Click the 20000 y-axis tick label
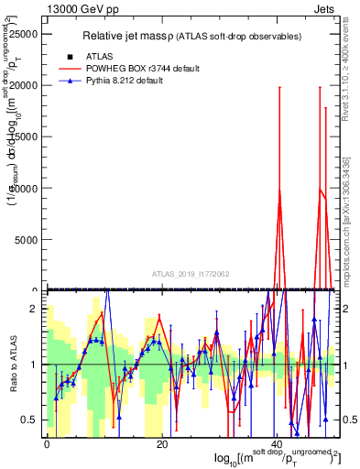[x=27, y=85]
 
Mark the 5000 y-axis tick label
[x=29, y=240]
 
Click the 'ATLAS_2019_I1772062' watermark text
[x=191, y=273]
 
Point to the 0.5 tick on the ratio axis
[x=29, y=420]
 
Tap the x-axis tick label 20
[x=161, y=443]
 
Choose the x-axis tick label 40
[x=277, y=443]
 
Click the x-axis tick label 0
[x=46, y=443]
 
